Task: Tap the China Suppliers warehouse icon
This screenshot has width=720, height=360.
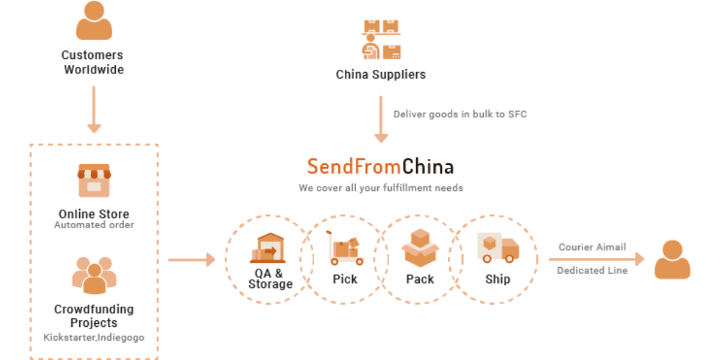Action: coord(381,39)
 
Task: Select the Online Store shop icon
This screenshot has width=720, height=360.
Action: coord(94,181)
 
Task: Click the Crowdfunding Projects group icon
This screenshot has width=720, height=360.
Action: coord(94,274)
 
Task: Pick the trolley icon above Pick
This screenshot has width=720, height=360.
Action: coord(344,248)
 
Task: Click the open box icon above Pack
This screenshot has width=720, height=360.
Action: coord(420,247)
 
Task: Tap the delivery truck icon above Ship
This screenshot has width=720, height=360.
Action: coord(498,247)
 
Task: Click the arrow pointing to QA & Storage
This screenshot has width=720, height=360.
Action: coord(192,259)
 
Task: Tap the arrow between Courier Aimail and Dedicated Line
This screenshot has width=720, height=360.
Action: coord(596,258)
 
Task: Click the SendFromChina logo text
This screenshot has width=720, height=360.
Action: coord(380,167)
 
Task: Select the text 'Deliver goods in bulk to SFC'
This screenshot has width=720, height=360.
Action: coord(460,114)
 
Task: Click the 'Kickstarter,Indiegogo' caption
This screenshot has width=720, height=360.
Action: coord(94,338)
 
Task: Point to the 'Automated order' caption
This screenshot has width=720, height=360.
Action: coord(94,225)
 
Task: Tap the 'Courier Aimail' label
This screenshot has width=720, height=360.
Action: coord(592,247)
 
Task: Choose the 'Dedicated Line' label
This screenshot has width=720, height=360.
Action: coord(592,271)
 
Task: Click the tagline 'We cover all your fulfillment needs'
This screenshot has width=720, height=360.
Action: coord(380,188)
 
